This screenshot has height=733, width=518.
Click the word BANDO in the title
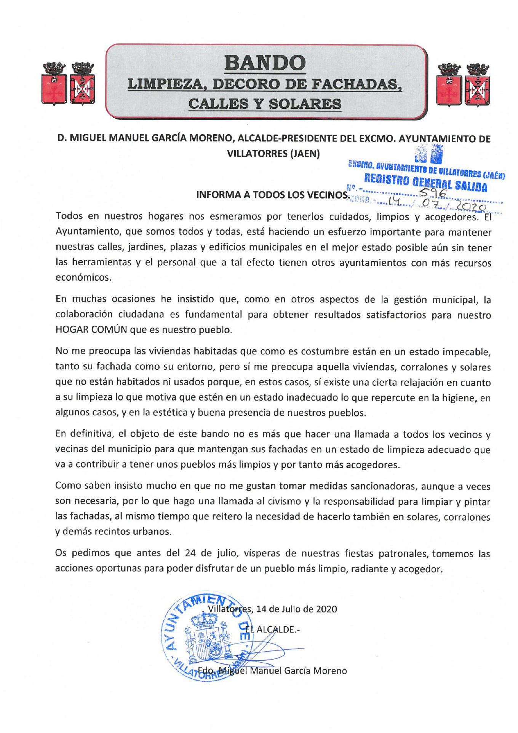point(265,63)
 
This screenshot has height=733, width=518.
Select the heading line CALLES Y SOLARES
point(265,103)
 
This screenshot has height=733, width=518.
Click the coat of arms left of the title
point(68,83)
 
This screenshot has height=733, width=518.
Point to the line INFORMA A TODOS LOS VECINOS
point(272,195)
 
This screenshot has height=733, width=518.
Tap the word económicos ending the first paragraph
point(83,277)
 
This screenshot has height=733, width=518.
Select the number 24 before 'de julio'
point(190,553)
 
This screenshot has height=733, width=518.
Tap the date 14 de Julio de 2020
point(297,609)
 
